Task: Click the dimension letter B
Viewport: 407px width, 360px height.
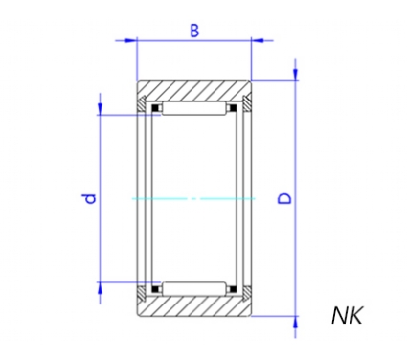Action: [x=194, y=31]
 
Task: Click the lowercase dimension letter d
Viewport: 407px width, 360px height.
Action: [x=90, y=198]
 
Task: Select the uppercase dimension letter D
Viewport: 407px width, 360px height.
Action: [x=284, y=198]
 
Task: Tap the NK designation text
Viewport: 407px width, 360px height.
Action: [x=348, y=316]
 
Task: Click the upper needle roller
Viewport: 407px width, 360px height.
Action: [x=194, y=109]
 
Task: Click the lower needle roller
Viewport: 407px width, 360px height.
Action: [x=194, y=289]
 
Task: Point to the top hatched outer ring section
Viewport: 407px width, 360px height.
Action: [x=194, y=91]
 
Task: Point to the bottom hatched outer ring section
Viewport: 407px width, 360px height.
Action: [x=194, y=306]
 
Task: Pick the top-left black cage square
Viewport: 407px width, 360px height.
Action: [x=155, y=108]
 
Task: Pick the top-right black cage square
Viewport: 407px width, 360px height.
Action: [x=234, y=108]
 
